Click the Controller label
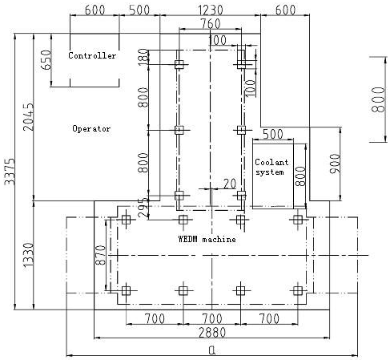[92, 55]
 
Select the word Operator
[91, 128]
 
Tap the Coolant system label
[271, 167]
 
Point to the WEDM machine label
[207, 239]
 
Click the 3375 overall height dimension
[10, 172]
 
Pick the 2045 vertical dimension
[29, 117]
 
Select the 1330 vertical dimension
[29, 255]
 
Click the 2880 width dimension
[212, 333]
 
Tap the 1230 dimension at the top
[211, 10]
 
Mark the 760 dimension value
[211, 24]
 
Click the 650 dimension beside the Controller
[46, 60]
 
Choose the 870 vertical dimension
[101, 255]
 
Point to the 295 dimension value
[143, 208]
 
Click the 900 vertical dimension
[336, 164]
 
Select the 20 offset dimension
[230, 184]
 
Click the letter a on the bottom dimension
[212, 350]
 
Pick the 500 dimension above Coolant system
[273, 134]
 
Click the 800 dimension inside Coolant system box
[300, 176]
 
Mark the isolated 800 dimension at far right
[378, 99]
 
